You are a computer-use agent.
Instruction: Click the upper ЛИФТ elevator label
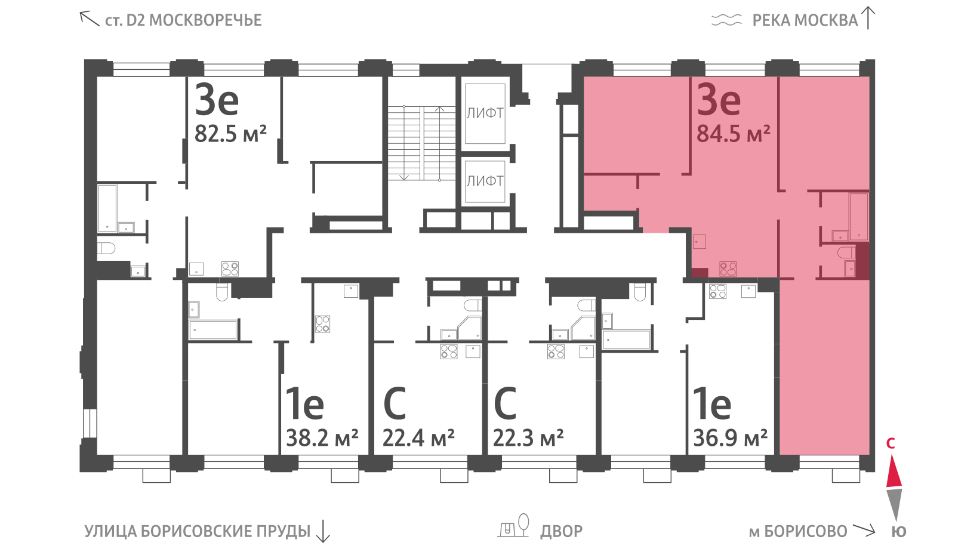pyautogui.click(x=485, y=113)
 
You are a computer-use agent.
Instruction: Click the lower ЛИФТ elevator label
pyautogui.click(x=485, y=181)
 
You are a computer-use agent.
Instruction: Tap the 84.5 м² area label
pyautogui.click(x=734, y=134)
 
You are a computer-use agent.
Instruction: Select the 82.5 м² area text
pyautogui.click(x=230, y=134)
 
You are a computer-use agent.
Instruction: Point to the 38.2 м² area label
pyautogui.click(x=322, y=438)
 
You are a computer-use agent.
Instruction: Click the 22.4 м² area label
pyautogui.click(x=418, y=438)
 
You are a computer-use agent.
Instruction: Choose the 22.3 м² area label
pyautogui.click(x=529, y=438)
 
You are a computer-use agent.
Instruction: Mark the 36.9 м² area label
pyautogui.click(x=731, y=438)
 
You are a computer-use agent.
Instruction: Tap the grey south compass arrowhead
pyautogui.click(x=894, y=504)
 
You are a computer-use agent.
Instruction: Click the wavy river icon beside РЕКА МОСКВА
pyautogui.click(x=726, y=20)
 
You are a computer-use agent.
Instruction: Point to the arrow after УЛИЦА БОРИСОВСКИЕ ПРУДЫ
pyautogui.click(x=323, y=531)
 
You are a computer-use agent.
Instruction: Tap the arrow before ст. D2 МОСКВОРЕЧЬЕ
pyautogui.click(x=89, y=18)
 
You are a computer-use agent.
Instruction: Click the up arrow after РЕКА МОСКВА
pyautogui.click(x=868, y=18)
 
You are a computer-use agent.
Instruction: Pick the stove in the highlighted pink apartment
pyautogui.click(x=728, y=269)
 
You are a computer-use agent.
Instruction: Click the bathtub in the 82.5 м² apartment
pyautogui.click(x=107, y=208)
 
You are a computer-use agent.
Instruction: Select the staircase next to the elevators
pyautogui.click(x=421, y=143)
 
